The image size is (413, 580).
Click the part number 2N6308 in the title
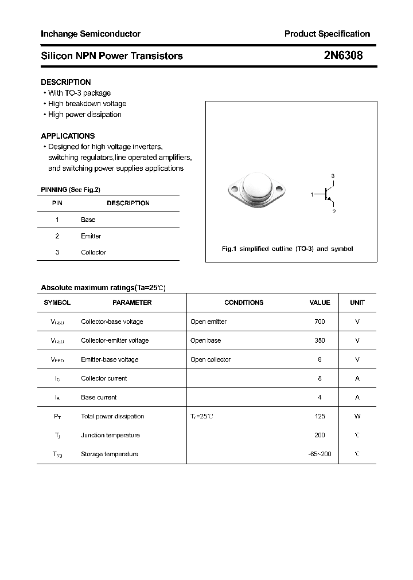coord(343,56)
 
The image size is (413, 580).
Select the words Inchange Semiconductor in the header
coord(91,34)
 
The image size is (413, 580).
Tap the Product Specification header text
coord(327,34)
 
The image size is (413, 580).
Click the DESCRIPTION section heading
coord(65,82)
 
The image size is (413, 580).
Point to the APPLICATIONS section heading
coord(68,136)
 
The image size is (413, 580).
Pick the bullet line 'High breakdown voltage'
coord(87,104)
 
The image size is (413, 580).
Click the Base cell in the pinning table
coord(88,220)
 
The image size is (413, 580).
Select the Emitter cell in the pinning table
coord(91,236)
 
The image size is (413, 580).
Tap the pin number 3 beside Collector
coord(57,252)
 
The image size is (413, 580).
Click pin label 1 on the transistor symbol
coord(313,195)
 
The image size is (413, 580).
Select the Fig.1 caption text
coord(287,249)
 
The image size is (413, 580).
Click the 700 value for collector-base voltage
coord(320,322)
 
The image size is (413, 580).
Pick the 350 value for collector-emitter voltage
coord(320,340)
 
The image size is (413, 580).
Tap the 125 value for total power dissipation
coord(320,416)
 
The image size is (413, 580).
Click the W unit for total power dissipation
coord(357,416)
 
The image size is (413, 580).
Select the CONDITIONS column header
coord(244,303)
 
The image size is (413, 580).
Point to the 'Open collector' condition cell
coord(211,359)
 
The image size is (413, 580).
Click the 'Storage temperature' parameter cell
coord(110,454)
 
